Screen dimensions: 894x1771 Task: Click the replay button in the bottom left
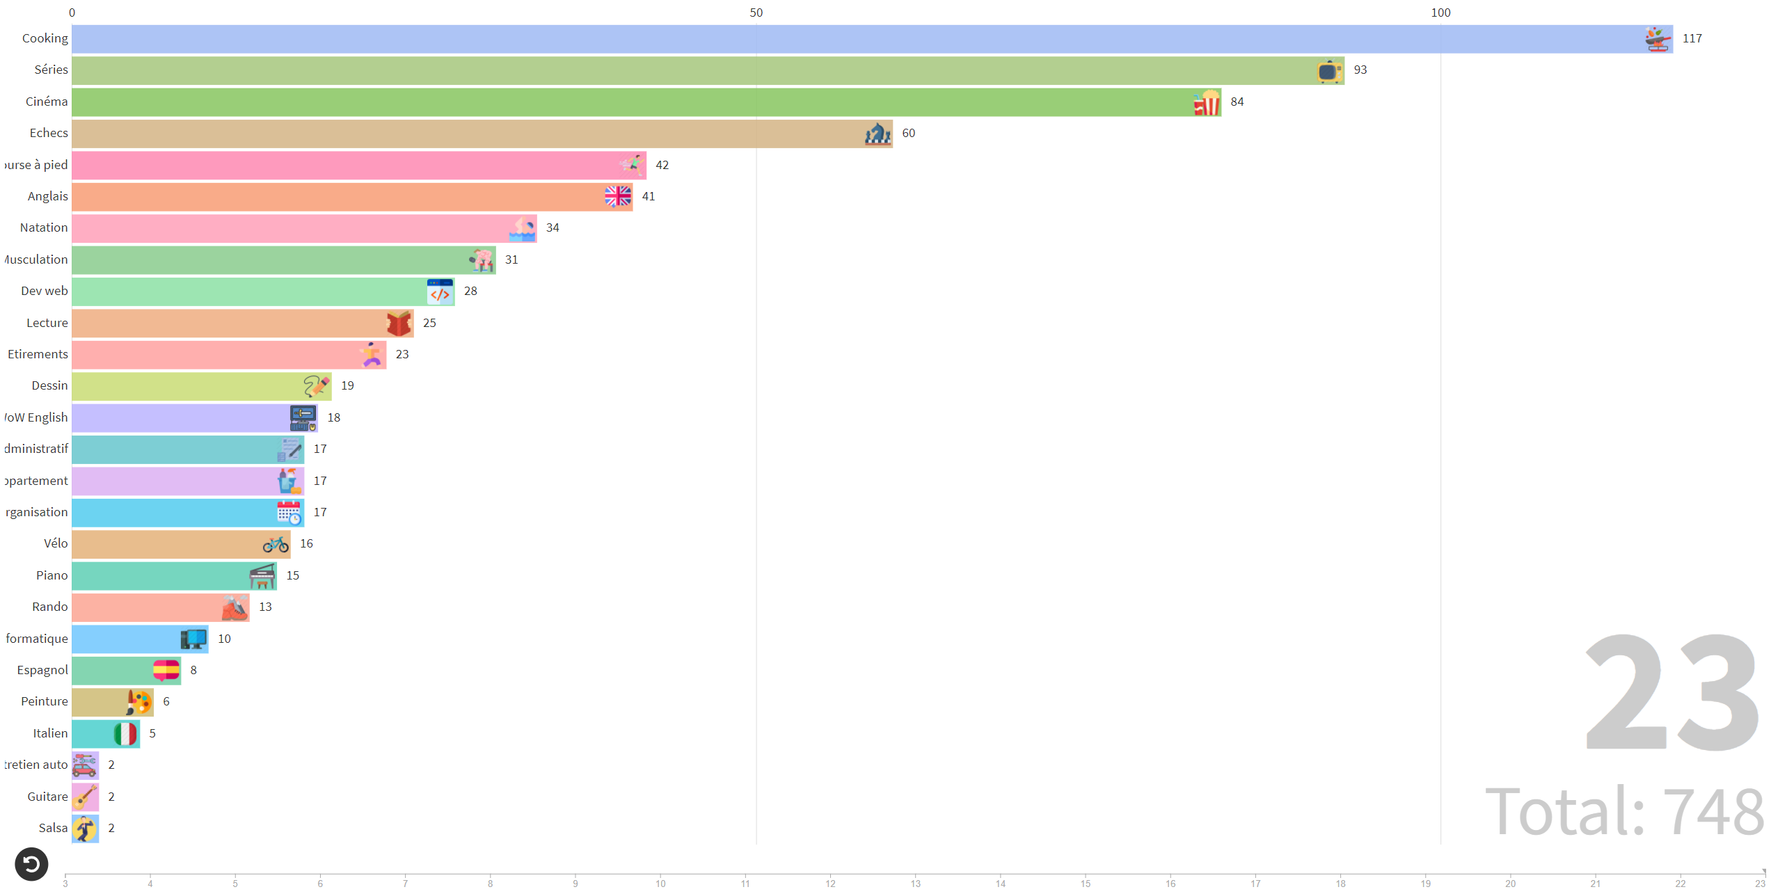tap(31, 864)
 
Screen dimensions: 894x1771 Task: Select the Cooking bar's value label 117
tap(1692, 39)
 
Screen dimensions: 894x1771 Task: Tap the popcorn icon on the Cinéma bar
tap(1207, 103)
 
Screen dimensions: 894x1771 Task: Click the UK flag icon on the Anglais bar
tap(617, 197)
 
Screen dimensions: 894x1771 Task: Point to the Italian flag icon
tap(125, 734)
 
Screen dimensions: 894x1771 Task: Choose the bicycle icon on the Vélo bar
tap(276, 545)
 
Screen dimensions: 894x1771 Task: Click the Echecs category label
tap(49, 134)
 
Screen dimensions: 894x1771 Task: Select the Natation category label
tap(44, 228)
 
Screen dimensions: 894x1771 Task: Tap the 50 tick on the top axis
tap(756, 13)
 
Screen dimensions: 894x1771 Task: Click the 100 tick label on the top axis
tap(1440, 13)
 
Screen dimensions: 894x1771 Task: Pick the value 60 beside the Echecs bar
tap(908, 134)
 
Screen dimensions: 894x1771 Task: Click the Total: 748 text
tap(1624, 811)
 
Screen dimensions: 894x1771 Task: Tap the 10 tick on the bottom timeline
tap(660, 883)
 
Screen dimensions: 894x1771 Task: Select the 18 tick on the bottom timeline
tap(1340, 883)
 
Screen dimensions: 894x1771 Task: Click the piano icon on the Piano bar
tap(262, 576)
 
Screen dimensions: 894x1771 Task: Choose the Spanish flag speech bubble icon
tap(166, 671)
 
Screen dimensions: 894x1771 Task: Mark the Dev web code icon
tap(440, 292)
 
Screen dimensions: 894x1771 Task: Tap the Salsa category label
tap(53, 829)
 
